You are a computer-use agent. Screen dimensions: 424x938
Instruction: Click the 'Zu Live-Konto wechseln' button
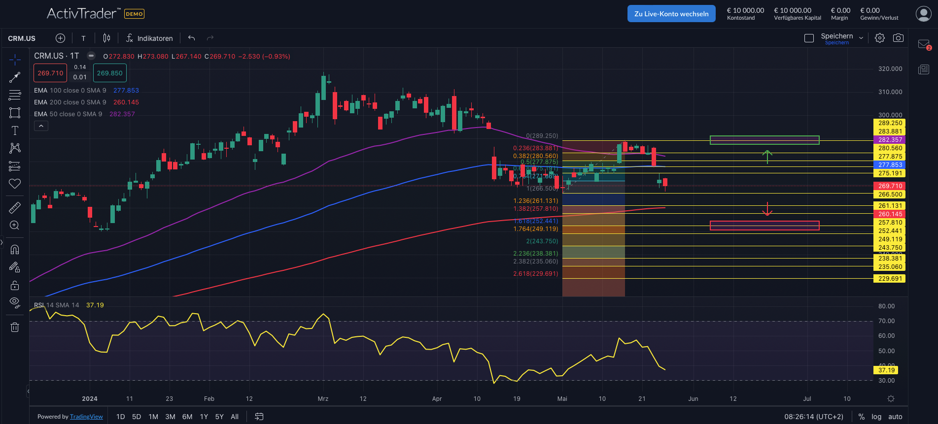(x=671, y=14)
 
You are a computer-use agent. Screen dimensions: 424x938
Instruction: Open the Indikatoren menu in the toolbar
(x=149, y=38)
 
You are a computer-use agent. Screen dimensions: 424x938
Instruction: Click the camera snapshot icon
(x=898, y=38)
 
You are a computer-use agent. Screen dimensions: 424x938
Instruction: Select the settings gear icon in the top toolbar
(x=879, y=38)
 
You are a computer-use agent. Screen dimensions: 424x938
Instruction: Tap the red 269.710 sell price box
(x=50, y=73)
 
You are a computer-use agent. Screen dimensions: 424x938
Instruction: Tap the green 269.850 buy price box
(x=109, y=73)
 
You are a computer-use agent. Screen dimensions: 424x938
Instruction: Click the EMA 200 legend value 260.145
(x=126, y=102)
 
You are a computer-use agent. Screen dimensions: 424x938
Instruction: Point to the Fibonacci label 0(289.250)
(x=542, y=136)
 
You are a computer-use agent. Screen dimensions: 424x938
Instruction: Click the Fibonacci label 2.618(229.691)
(x=535, y=274)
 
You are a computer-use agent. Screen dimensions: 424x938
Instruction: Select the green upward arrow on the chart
(x=767, y=156)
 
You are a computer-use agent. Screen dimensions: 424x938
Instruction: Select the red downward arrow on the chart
(x=767, y=209)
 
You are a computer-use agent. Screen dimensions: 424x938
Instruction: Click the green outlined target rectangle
(x=764, y=140)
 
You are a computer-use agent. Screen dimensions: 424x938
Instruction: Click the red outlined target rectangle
(x=764, y=226)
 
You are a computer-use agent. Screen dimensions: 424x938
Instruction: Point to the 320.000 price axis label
(x=890, y=69)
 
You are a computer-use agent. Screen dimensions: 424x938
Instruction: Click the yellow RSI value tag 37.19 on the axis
(x=886, y=370)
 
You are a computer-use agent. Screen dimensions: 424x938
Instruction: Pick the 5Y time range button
(x=219, y=417)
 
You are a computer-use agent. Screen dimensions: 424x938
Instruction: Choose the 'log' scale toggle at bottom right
(x=876, y=417)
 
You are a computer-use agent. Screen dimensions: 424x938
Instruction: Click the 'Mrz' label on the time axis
(x=323, y=399)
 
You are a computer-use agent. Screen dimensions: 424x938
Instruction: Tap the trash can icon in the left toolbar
(x=15, y=327)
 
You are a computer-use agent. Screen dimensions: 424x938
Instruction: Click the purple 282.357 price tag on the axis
(x=890, y=140)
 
